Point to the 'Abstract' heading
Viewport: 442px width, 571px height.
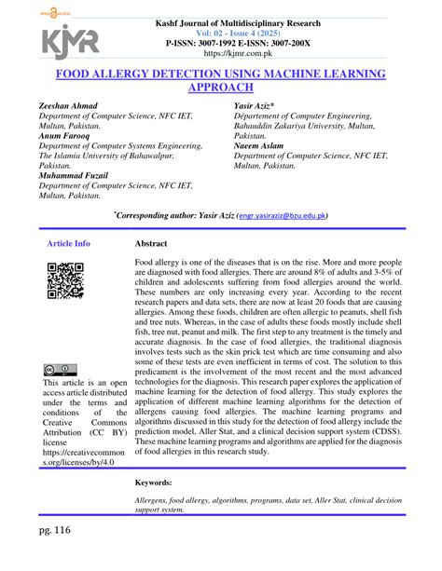(152, 243)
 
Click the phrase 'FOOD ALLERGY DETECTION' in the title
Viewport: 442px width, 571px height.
(130, 71)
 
